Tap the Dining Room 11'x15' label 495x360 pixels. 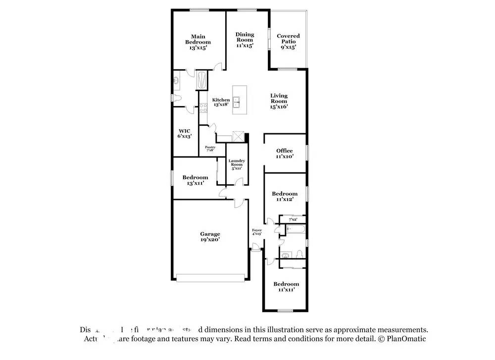[x=245, y=40]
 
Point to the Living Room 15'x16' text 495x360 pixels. [x=279, y=101]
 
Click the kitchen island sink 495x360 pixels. [x=238, y=103]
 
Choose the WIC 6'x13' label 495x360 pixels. [x=184, y=134]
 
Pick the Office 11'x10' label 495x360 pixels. [x=285, y=154]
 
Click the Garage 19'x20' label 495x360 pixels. [x=210, y=237]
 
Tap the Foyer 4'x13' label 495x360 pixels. [x=257, y=232]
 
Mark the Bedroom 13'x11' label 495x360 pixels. [x=195, y=180]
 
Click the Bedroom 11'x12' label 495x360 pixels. [x=285, y=196]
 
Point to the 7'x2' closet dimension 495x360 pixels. [x=293, y=219]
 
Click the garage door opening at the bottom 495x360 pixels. [x=211, y=278]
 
